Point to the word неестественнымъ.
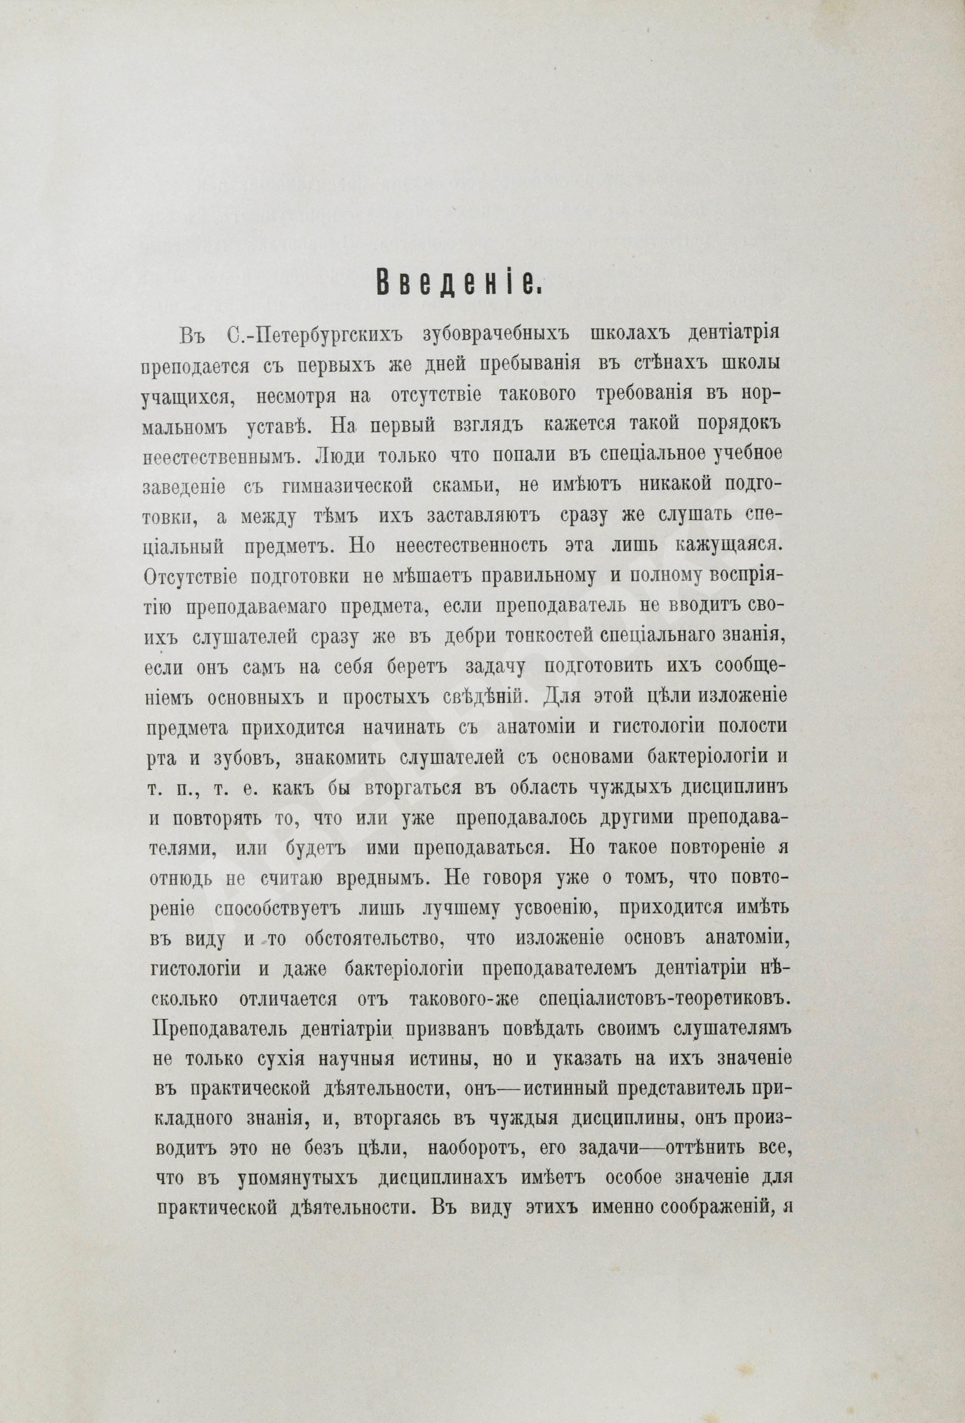tap(225, 457)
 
